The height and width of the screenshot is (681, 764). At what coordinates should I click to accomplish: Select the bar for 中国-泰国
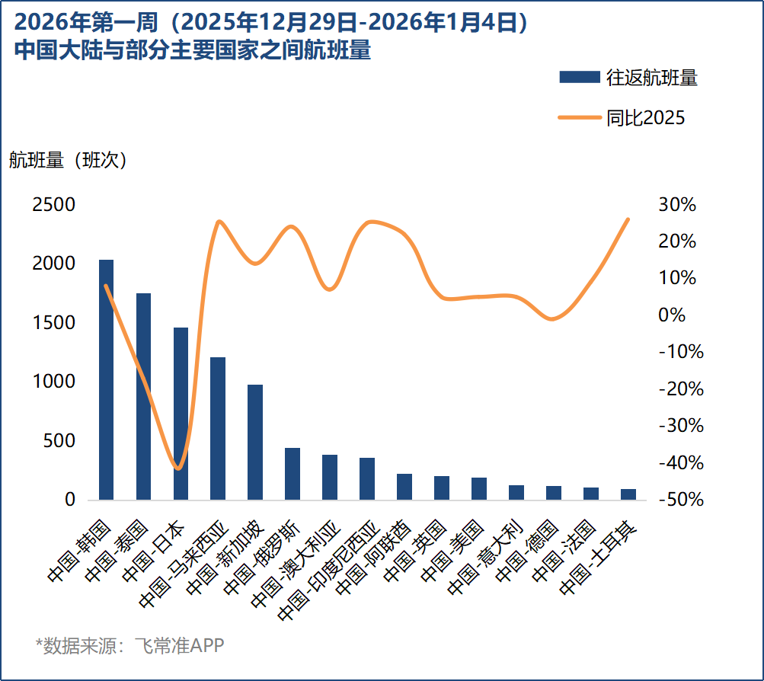[x=143, y=396]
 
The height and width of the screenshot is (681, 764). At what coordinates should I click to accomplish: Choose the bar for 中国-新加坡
[x=255, y=442]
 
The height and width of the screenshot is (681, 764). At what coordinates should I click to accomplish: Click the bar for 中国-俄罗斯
[x=292, y=474]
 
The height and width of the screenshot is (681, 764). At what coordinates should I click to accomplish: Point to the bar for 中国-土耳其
[x=628, y=494]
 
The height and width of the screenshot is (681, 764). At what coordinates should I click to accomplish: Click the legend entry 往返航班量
[x=628, y=77]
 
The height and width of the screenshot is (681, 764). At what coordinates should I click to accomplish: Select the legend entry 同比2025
[x=622, y=117]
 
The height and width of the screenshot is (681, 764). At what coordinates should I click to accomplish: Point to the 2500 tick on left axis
[x=53, y=205]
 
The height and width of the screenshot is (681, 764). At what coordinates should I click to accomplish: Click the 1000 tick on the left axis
[x=53, y=382]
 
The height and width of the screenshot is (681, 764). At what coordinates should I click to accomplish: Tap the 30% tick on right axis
[x=677, y=205]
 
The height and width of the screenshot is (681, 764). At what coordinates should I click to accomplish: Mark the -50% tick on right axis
[x=674, y=500]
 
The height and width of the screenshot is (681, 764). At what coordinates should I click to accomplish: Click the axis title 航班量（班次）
[x=68, y=160]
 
